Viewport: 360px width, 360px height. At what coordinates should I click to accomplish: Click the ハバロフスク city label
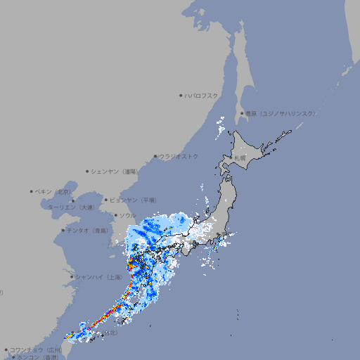202,95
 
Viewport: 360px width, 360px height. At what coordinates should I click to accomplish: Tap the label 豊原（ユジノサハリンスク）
281,113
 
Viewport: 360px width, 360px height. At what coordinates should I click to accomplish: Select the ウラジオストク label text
179,156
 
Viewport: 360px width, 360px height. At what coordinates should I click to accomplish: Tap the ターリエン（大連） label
71,207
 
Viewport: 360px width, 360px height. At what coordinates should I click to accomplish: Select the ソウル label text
127,215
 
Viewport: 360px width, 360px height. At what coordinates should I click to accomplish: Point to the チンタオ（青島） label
88,230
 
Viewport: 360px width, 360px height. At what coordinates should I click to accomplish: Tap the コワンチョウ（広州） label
36,349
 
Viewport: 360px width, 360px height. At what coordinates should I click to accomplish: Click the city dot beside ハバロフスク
181,95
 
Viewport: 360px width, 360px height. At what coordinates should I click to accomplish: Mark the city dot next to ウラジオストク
155,156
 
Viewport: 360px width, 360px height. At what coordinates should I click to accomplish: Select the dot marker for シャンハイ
72,277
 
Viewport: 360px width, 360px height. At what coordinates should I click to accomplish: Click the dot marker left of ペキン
32,191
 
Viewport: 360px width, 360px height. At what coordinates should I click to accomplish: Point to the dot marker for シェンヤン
87,171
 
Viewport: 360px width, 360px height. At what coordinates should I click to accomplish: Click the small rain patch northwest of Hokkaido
222,127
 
